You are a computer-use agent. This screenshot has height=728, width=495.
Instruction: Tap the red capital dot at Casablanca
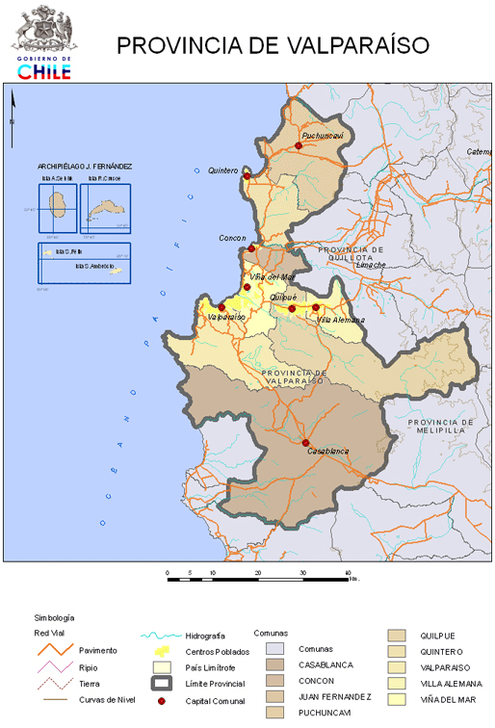point(292,443)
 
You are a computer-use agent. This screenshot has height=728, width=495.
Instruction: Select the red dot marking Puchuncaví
point(299,146)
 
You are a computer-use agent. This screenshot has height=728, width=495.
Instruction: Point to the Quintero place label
point(222,170)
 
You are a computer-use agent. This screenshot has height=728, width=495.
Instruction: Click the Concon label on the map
point(232,238)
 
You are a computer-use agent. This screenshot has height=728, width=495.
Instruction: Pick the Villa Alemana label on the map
point(341,319)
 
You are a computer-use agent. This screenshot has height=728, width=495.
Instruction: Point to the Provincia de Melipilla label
point(440,427)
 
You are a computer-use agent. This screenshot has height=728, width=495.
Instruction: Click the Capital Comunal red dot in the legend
point(162,701)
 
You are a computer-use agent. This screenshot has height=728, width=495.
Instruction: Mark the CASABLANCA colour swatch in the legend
point(276,665)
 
